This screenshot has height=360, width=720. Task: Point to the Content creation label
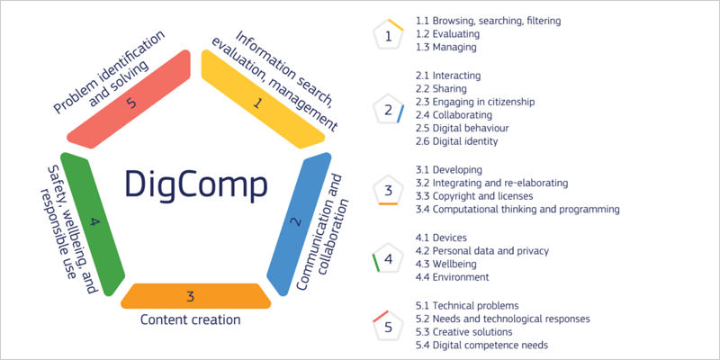(x=191, y=319)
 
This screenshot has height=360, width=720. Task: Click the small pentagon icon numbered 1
(x=388, y=37)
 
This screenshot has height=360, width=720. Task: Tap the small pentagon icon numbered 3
(x=388, y=190)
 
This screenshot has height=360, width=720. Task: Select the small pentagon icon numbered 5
(x=388, y=326)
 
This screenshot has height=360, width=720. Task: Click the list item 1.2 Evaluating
(x=445, y=33)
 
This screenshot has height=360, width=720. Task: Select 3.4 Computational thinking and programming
(x=517, y=210)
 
